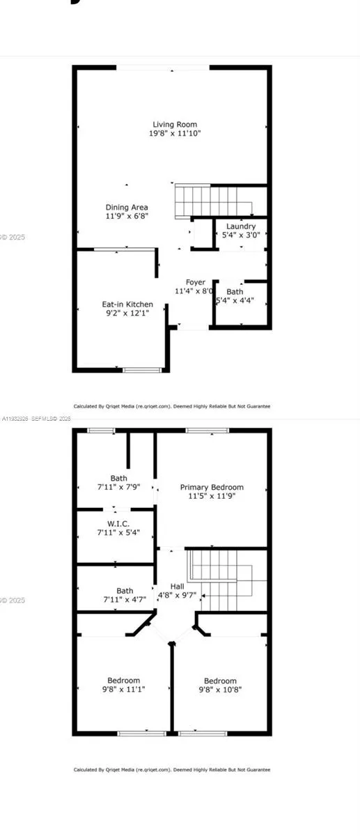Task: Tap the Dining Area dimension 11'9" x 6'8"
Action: pos(127,216)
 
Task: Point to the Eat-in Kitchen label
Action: pos(127,304)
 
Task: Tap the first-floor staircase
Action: pos(212,201)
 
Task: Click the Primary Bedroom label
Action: pos(212,487)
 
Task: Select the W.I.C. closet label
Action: pos(118,523)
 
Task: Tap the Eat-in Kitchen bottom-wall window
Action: pos(141,370)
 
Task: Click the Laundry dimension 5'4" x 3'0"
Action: pos(241,235)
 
